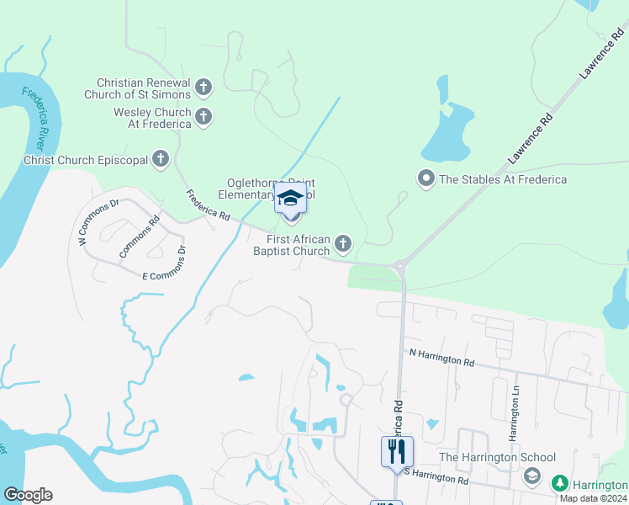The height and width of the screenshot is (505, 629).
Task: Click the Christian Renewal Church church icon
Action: (x=203, y=87)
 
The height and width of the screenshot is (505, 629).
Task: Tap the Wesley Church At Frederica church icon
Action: (x=203, y=118)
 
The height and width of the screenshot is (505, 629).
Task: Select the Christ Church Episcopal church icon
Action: (x=161, y=159)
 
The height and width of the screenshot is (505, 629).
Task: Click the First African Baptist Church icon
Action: (x=342, y=244)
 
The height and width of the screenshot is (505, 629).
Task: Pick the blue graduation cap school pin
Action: (x=290, y=199)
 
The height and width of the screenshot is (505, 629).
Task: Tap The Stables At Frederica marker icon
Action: (x=425, y=178)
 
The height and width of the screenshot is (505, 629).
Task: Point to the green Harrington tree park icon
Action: (x=559, y=484)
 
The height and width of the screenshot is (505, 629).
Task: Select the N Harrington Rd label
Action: (x=441, y=358)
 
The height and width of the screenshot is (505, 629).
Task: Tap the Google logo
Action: (x=28, y=495)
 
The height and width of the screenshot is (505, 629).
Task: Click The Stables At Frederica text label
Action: (x=503, y=178)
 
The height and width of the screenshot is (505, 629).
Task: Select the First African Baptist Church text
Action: (x=292, y=245)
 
